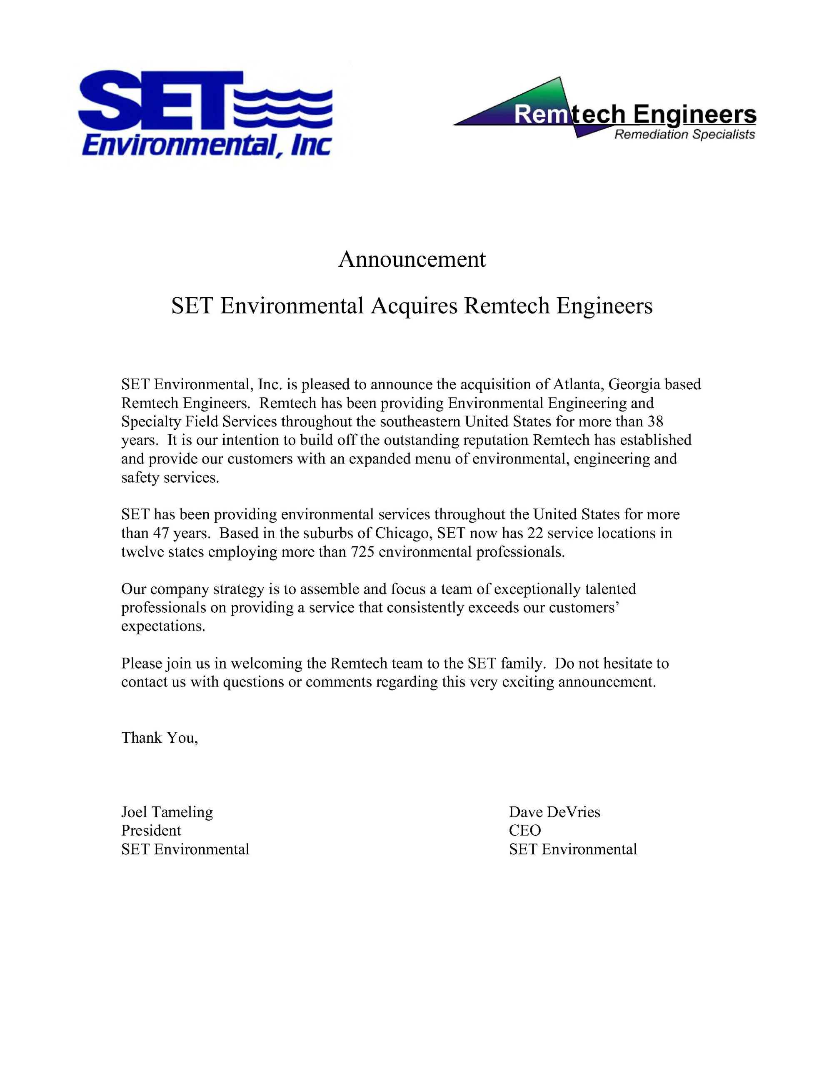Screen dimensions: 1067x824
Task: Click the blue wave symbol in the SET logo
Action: point(283,110)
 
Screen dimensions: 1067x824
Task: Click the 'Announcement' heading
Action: point(412,259)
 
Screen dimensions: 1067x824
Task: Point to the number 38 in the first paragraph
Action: point(654,421)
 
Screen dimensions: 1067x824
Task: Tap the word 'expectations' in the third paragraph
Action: point(162,626)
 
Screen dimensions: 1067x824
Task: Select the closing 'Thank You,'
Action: point(160,737)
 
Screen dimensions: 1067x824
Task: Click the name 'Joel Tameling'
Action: point(167,812)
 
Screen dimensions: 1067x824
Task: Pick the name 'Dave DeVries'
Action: point(554,812)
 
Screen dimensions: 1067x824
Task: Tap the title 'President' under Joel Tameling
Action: point(151,831)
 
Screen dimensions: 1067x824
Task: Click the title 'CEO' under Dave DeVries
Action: point(524,831)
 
